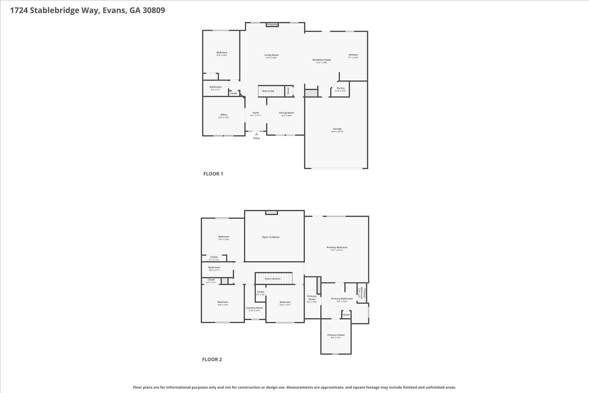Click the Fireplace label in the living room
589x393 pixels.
(x=272, y=24)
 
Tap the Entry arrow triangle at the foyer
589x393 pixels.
(x=257, y=134)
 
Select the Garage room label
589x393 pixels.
(x=337, y=129)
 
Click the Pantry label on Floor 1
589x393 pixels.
(x=341, y=88)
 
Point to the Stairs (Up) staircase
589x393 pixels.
(x=268, y=91)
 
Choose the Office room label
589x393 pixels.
(x=224, y=115)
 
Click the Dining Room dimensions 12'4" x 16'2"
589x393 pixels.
(x=286, y=116)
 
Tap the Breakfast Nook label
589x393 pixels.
(x=322, y=60)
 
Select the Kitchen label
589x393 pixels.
(x=353, y=55)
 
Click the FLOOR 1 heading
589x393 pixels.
(x=213, y=174)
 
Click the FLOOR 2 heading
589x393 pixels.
(x=212, y=359)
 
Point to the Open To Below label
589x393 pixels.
(x=271, y=237)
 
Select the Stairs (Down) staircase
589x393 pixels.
(x=272, y=279)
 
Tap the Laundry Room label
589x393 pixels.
(x=254, y=308)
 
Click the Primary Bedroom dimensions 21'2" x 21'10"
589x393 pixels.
(x=337, y=250)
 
